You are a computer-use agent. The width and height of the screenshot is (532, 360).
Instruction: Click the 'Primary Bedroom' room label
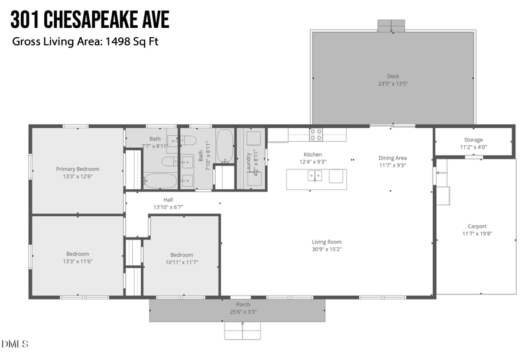pyautogui.click(x=77, y=168)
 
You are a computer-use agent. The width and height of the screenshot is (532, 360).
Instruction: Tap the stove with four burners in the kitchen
pyautogui.click(x=316, y=135)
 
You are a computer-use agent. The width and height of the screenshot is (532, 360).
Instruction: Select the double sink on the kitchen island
pyautogui.click(x=314, y=176)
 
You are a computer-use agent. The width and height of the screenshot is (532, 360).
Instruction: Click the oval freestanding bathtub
pyautogui.click(x=224, y=146)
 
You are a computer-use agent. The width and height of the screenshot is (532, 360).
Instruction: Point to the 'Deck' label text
pyautogui.click(x=393, y=76)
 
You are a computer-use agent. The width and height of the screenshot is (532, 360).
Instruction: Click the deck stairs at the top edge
pyautogui.click(x=391, y=25)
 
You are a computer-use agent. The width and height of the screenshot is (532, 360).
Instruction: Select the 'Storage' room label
pyautogui.click(x=473, y=140)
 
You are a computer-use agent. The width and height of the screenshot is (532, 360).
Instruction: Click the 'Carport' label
pyautogui.click(x=477, y=226)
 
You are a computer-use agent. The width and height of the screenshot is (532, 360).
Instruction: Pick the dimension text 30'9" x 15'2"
pyautogui.click(x=327, y=249)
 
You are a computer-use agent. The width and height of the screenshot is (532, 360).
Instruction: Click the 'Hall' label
pyautogui.click(x=168, y=200)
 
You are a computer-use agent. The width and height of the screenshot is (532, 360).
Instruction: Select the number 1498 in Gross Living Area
pyautogui.click(x=118, y=42)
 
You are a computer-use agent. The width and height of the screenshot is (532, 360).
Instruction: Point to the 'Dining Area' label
pyautogui.click(x=392, y=158)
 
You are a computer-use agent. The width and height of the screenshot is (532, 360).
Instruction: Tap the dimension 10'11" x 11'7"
pyautogui.click(x=181, y=262)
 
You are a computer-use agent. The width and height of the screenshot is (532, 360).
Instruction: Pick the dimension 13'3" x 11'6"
pyautogui.click(x=77, y=261)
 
